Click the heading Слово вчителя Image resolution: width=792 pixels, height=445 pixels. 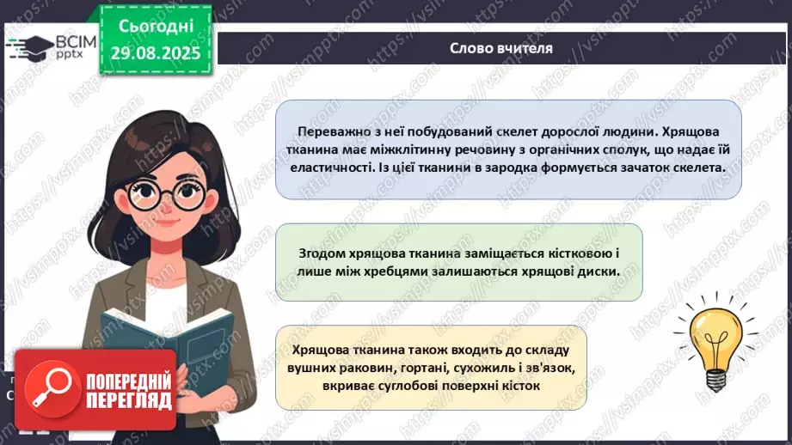click(501, 48)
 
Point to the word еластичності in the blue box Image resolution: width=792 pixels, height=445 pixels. click(330, 168)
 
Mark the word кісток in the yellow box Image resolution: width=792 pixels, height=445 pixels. click(519, 387)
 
